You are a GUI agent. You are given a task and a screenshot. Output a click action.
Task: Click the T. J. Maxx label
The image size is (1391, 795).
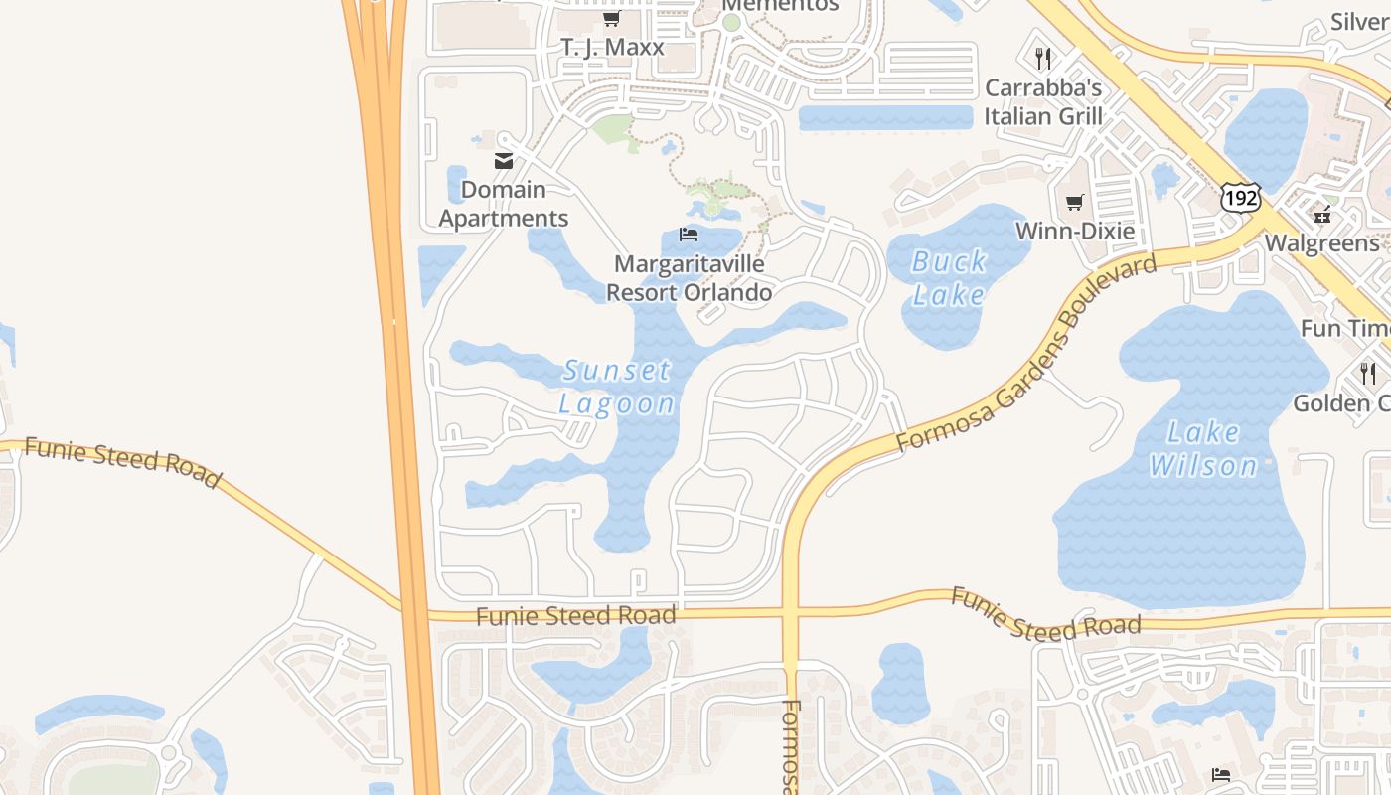(x=612, y=47)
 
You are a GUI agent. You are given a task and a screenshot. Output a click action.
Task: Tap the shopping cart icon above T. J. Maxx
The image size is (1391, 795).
(x=611, y=20)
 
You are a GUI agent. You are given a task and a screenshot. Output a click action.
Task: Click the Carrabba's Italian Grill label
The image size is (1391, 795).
(x=1043, y=101)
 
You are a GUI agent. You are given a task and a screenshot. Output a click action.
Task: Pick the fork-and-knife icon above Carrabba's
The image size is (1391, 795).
(x=1042, y=58)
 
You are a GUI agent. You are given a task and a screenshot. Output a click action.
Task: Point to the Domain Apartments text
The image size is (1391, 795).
(x=504, y=204)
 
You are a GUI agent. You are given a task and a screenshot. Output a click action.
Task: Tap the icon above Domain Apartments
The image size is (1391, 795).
(x=504, y=161)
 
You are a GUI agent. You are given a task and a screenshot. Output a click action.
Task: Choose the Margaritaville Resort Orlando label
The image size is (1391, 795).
(x=689, y=278)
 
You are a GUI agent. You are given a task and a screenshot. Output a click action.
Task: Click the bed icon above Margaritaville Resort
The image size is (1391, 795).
(x=689, y=236)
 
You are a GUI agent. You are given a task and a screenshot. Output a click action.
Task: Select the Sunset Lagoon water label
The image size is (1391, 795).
(x=617, y=387)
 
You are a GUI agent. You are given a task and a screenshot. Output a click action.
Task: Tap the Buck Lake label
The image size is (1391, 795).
(x=949, y=278)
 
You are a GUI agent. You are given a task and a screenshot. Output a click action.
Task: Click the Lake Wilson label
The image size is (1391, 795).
(x=1203, y=449)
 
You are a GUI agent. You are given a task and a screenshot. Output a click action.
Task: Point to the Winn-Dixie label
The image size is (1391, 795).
(x=1074, y=232)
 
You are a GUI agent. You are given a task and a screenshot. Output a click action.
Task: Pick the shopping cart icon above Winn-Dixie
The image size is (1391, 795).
(x=1074, y=203)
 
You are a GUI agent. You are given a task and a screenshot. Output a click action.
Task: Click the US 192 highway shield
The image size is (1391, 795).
(x=1241, y=198)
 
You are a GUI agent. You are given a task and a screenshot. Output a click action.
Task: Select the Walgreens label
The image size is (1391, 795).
(x=1321, y=243)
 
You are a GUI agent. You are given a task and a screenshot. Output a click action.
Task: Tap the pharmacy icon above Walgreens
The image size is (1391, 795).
(x=1322, y=214)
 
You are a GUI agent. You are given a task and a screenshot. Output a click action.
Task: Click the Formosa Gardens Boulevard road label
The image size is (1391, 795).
(x=1026, y=353)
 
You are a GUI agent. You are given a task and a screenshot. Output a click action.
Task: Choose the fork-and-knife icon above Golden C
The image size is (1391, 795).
(x=1368, y=374)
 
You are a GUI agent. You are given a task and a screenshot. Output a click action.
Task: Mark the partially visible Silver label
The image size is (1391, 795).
(x=1359, y=21)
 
